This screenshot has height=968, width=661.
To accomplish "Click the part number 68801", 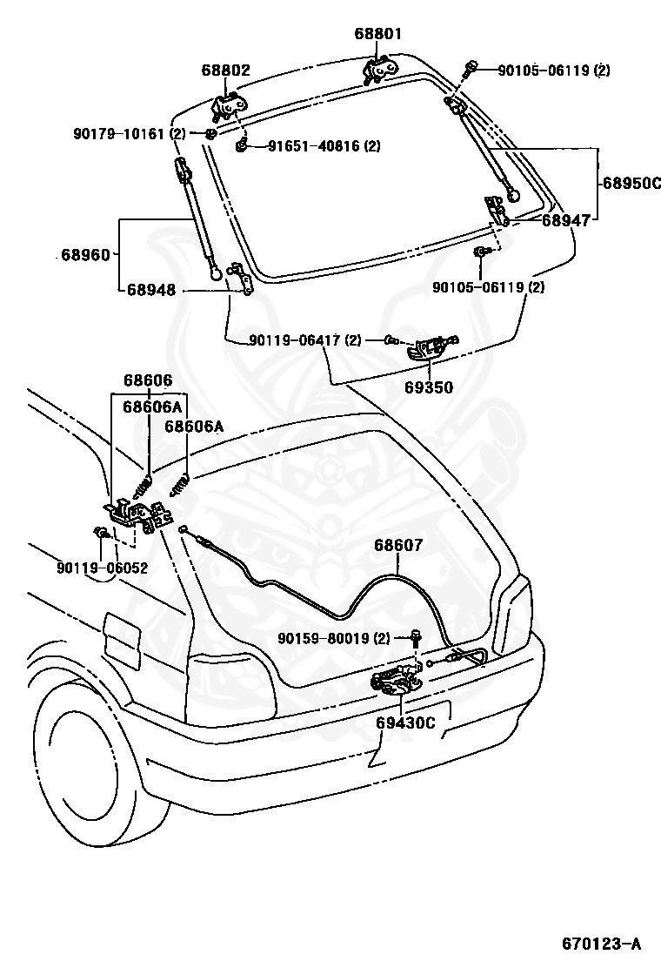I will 378,35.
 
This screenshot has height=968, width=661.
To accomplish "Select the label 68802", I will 226,70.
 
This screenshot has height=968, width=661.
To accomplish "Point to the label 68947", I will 566,221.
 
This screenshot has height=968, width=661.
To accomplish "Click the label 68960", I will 85,255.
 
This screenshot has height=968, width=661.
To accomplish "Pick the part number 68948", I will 151,290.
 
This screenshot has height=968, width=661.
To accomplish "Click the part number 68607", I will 399,546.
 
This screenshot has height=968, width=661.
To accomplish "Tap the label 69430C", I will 406,722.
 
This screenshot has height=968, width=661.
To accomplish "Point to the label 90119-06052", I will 103,568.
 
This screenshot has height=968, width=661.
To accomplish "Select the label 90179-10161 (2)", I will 130,133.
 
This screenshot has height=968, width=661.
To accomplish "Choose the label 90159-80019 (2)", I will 334,639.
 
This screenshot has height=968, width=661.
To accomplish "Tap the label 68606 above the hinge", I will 148,380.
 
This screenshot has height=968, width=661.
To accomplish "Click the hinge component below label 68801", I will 378,69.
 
